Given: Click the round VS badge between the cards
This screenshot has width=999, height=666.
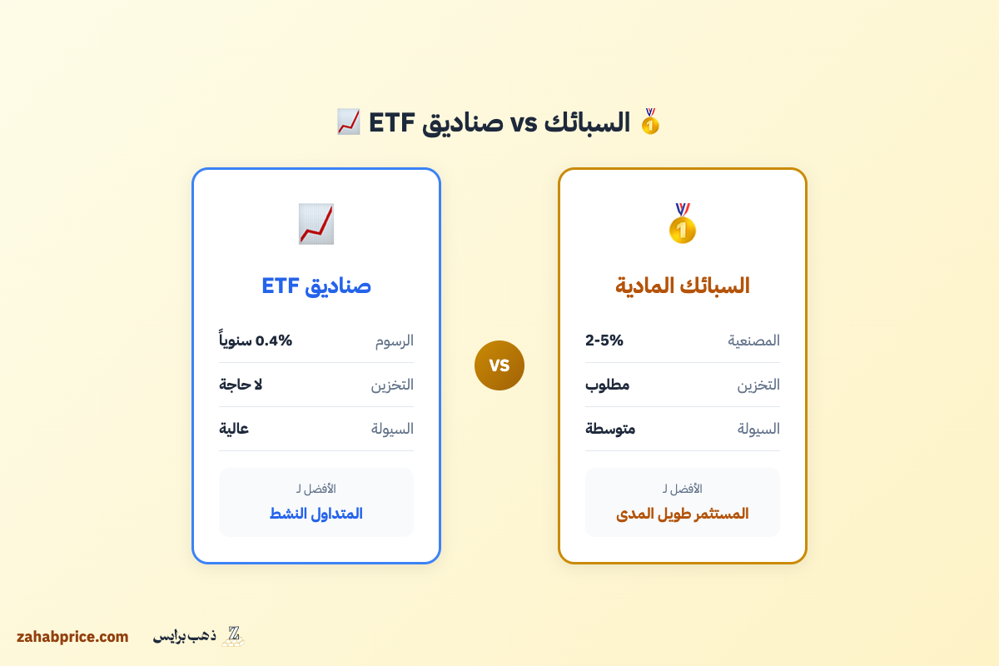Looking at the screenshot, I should (499, 365).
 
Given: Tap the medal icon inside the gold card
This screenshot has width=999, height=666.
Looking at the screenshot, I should (682, 223).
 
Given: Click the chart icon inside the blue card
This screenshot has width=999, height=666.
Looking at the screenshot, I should (316, 223).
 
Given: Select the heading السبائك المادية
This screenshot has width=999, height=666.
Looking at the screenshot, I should (682, 286).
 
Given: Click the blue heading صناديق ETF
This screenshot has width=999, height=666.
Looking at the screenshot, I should (316, 286).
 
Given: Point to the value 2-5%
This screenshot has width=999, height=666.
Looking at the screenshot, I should (604, 340).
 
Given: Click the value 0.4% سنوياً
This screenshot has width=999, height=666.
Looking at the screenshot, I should (256, 340).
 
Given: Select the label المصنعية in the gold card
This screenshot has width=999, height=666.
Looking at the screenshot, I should (754, 340).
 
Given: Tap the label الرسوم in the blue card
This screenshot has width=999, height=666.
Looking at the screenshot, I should (394, 340).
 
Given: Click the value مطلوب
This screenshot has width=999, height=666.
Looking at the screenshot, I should (608, 385).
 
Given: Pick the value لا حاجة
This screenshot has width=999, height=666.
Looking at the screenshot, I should (241, 385).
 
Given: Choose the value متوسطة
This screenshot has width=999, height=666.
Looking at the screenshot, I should (610, 429).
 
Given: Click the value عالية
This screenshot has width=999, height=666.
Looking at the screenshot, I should (234, 429).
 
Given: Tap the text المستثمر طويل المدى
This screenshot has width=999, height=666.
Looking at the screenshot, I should (682, 514).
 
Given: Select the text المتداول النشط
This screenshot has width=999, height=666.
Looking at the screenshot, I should (316, 514).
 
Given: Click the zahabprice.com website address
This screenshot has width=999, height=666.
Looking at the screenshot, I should (72, 637).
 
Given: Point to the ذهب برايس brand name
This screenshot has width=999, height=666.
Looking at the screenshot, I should (184, 637).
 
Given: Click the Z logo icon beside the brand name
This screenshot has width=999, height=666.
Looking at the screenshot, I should (233, 636).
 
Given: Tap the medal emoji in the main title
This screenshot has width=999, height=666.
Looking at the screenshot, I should (650, 122).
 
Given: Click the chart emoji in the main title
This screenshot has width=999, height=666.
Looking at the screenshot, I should (348, 122).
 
